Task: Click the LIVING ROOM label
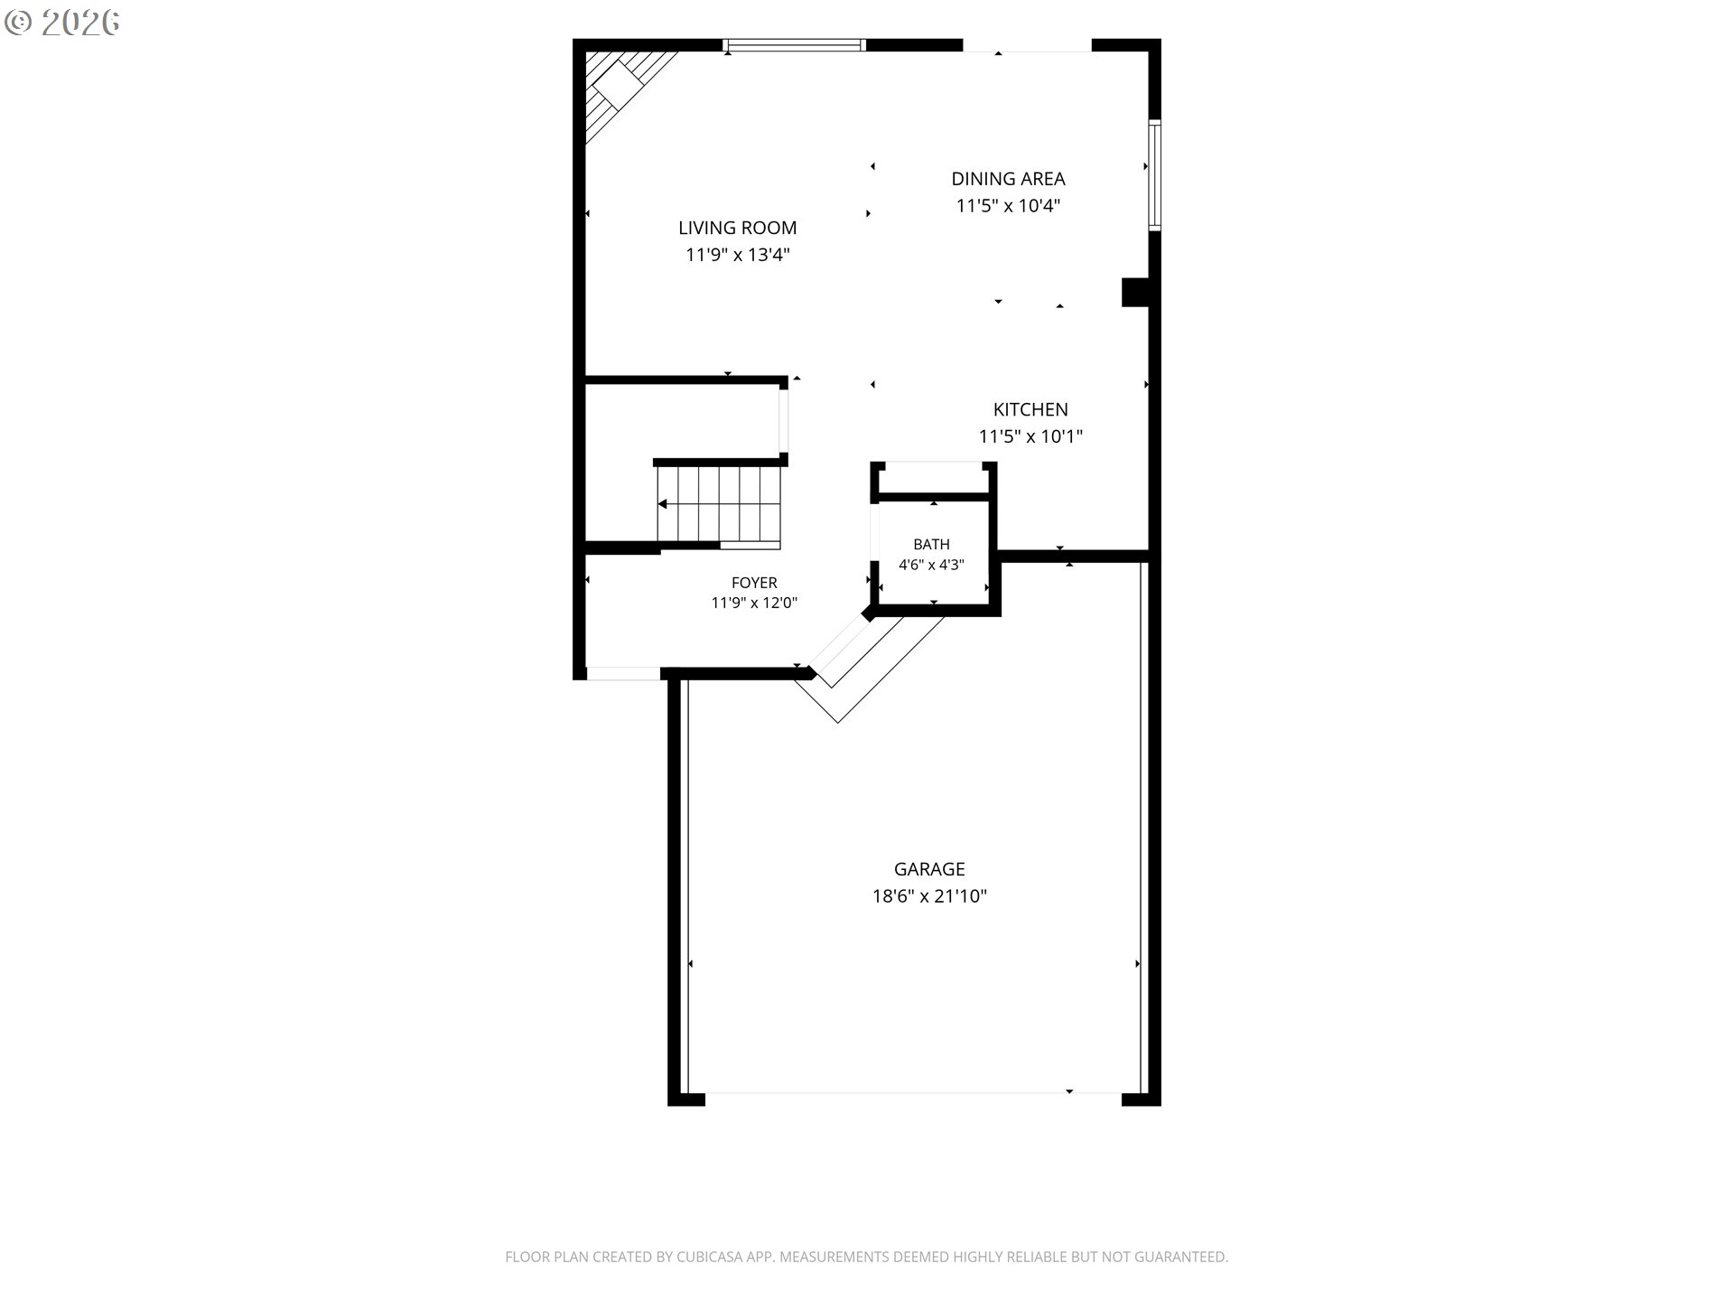pyautogui.click(x=737, y=228)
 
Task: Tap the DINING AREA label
pyautogui.click(x=1008, y=179)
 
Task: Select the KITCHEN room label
pyautogui.click(x=1030, y=409)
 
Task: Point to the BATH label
pyautogui.click(x=931, y=544)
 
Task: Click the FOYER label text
pyautogui.click(x=754, y=583)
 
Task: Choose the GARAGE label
pyautogui.click(x=929, y=869)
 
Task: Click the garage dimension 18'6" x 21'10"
pyautogui.click(x=929, y=896)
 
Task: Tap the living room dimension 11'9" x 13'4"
pyautogui.click(x=738, y=255)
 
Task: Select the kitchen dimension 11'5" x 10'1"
pyautogui.click(x=1030, y=436)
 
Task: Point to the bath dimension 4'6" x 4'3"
pyautogui.click(x=931, y=566)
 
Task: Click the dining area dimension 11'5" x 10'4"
pyautogui.click(x=1008, y=206)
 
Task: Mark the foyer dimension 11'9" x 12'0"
pyautogui.click(x=754, y=603)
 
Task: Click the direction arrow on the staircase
pyautogui.click(x=719, y=504)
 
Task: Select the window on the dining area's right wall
pyautogui.click(x=1154, y=174)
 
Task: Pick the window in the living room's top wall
pyautogui.click(x=795, y=44)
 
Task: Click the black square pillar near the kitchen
pyautogui.click(x=1135, y=292)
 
